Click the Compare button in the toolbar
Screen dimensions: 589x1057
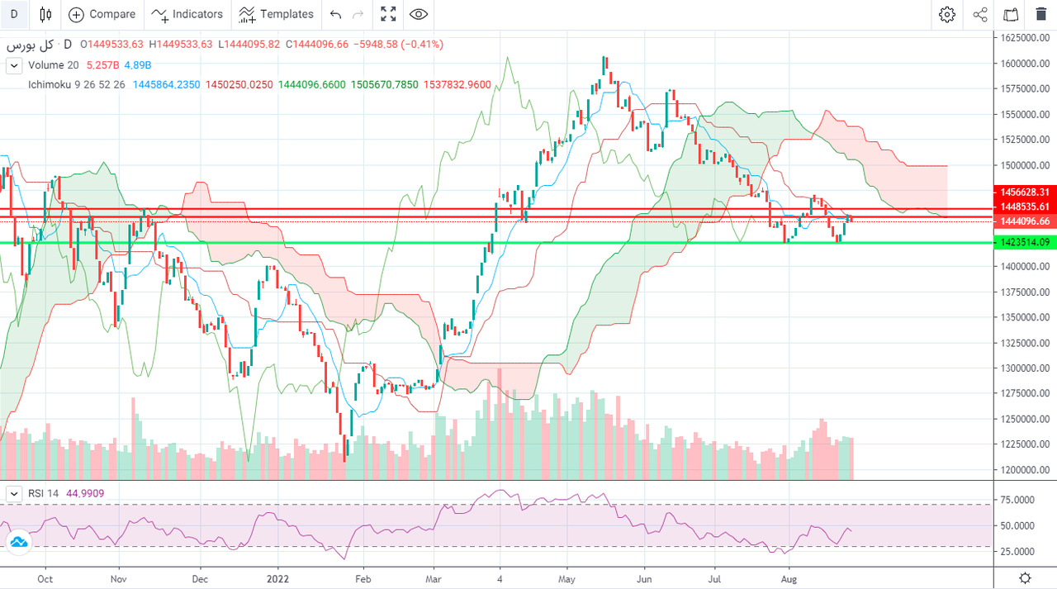[102, 14]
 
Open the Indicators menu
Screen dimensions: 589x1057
[187, 14]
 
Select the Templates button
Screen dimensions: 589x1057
[276, 14]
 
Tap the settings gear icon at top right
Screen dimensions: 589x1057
[947, 14]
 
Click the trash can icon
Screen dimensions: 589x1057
[1040, 14]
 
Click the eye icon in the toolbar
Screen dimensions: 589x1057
[419, 14]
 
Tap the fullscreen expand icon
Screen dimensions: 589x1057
[387, 14]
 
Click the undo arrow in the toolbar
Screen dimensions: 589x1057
[335, 14]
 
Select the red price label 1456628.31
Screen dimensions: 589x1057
[1023, 192]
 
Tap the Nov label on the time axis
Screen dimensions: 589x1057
[118, 579]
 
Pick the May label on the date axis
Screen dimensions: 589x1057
[566, 579]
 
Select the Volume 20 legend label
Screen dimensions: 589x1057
[54, 65]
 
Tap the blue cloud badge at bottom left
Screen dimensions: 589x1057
[17, 542]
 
